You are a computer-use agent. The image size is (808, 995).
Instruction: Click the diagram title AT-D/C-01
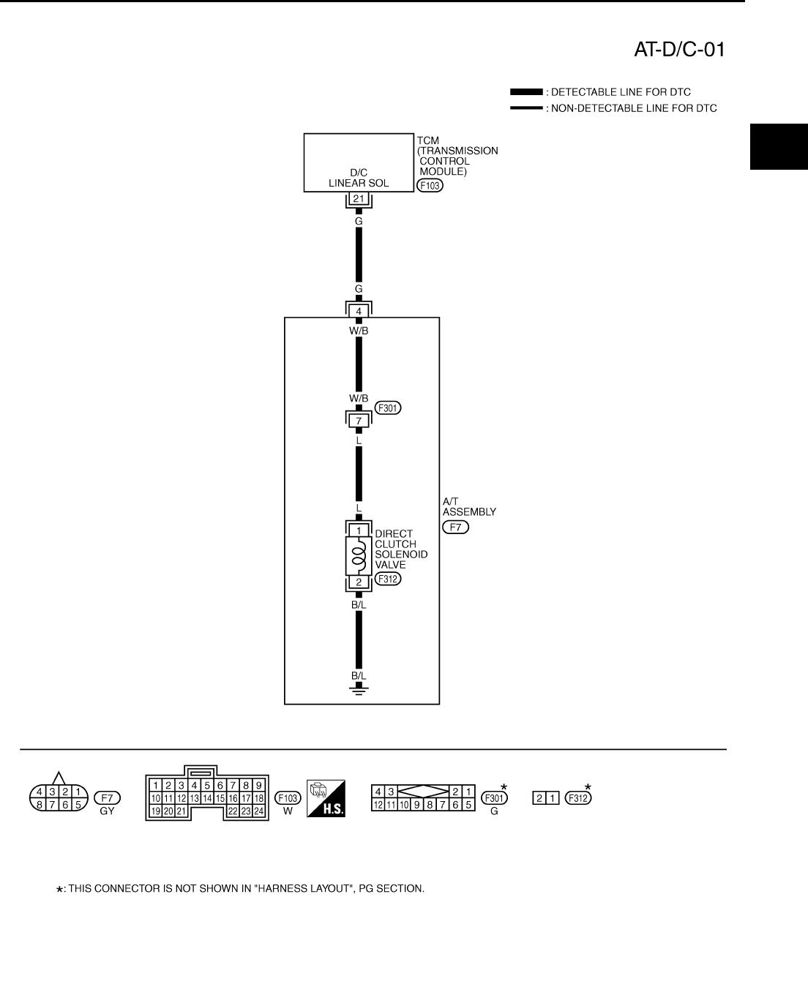point(679,50)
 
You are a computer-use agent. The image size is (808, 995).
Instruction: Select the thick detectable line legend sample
point(526,92)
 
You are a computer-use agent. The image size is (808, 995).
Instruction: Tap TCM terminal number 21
point(359,199)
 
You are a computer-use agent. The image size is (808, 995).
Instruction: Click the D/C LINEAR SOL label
point(359,178)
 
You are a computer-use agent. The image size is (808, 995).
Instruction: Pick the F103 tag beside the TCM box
point(430,186)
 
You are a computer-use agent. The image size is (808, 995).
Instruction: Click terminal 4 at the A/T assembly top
point(359,311)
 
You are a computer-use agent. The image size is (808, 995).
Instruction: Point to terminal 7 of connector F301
point(359,421)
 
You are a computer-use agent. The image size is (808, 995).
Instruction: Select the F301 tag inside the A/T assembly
point(387,408)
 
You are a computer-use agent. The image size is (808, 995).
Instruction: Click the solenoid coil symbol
point(358,556)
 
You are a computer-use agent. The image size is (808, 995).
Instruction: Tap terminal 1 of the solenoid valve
point(359,530)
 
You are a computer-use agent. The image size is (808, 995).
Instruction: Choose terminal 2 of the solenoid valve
point(359,582)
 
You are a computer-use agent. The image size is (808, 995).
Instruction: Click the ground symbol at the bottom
point(359,689)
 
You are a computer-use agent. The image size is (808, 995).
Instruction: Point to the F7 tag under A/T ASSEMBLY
point(455,527)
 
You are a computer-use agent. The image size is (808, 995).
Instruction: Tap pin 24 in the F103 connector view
point(258,811)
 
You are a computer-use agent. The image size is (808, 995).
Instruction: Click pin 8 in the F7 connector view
point(40,804)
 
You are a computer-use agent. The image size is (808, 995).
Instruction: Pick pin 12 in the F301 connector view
point(378,805)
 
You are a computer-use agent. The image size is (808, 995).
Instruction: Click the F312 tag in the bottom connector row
point(577,798)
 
